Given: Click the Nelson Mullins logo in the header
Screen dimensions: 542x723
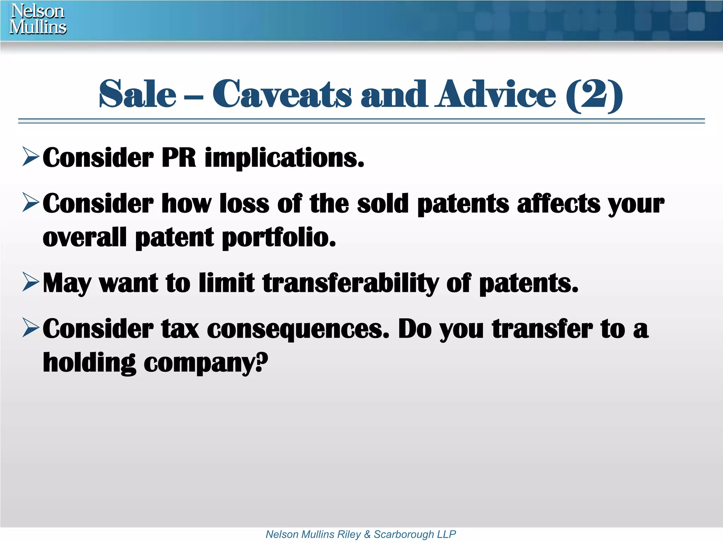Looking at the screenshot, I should point(38,19).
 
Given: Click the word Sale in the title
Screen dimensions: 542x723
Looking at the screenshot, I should point(137,94).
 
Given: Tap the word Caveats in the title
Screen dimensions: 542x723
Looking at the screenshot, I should point(282,94).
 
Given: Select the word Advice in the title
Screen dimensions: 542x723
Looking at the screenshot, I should point(495,94).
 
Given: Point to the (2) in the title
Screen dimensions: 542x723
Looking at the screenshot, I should point(594,95).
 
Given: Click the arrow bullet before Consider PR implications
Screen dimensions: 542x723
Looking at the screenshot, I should point(30,157).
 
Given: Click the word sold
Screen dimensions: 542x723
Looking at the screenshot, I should point(382,204).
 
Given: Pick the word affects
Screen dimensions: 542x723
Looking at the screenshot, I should point(558,204).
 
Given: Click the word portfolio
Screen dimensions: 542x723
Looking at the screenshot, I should point(279,238).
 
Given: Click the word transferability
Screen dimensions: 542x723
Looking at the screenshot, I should point(351,283).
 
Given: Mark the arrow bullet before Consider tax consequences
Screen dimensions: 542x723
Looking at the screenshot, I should point(30,327).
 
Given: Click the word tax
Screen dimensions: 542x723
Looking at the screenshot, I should point(180,329).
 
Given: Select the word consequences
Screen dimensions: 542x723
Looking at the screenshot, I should point(298,330).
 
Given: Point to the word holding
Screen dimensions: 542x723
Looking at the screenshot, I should point(89,363).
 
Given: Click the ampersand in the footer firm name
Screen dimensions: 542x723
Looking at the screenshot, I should point(367,534).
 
